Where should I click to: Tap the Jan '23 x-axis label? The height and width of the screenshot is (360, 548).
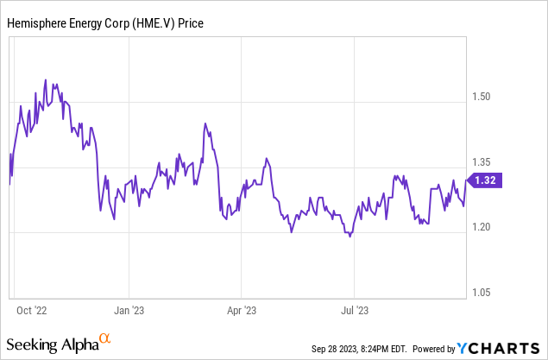(x=129, y=308)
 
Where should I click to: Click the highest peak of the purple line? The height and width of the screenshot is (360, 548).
(x=46, y=80)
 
